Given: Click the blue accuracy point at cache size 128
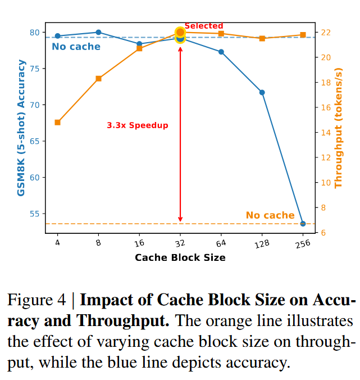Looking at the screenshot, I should coord(262,92).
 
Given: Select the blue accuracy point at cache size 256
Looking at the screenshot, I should coord(303,224).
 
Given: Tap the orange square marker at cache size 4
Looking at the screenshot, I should coord(57,123).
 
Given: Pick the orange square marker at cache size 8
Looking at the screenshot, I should coord(98,79).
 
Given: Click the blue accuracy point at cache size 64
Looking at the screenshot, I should coord(221,52).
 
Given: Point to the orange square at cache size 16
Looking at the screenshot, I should coord(139,48).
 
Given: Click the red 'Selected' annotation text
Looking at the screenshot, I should coord(204,26).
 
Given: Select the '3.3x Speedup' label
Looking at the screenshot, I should coord(138,125).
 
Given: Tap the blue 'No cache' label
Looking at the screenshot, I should coord(76,47).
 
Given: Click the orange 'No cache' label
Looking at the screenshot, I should coord(270,215).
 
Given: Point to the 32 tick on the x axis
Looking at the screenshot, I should coord(180,242).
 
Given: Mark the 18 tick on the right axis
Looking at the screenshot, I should coord(326,83).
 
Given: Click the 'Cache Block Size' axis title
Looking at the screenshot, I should coord(180,257).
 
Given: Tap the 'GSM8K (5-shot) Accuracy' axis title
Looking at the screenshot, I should coord(21,129).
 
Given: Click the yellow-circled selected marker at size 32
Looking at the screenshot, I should coord(180,34).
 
